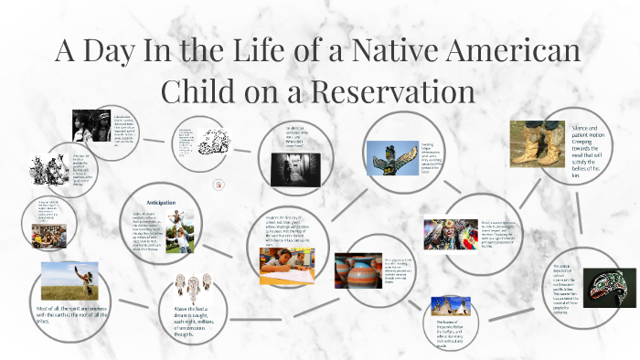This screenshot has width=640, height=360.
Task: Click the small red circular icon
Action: pos(219,185)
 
